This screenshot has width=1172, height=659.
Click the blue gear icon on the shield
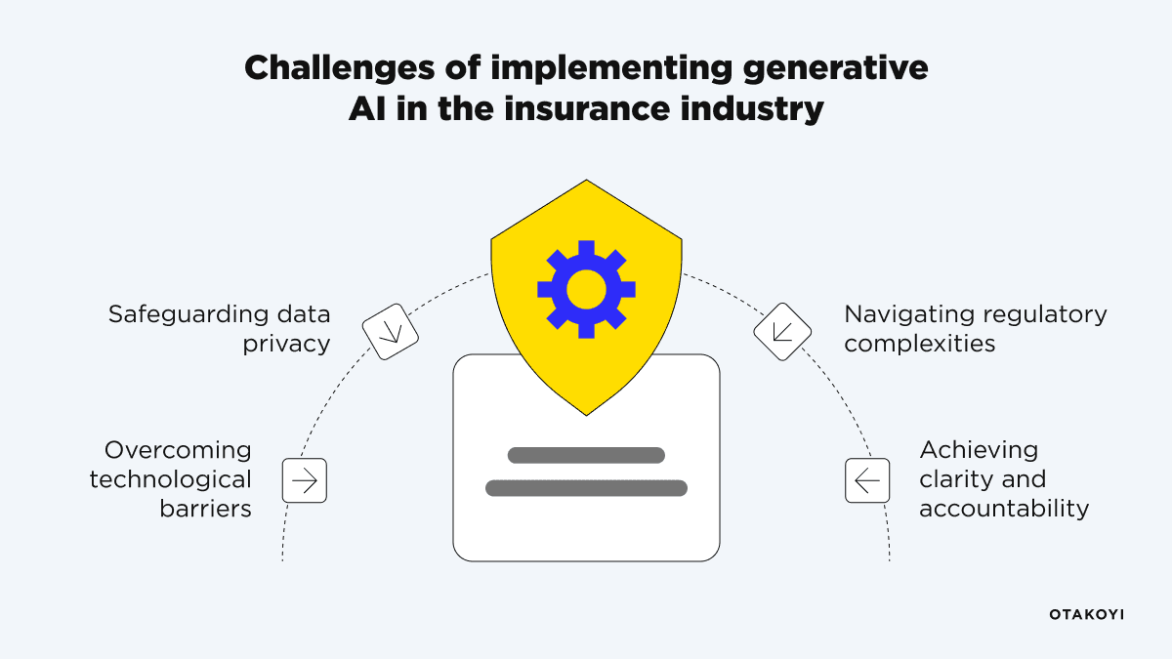pos(586,289)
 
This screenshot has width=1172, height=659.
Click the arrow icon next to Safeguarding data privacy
pos(391,331)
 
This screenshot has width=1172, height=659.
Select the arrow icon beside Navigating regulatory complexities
pos(782,331)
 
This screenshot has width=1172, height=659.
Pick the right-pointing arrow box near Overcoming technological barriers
pos(305,480)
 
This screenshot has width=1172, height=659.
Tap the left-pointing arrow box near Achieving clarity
pos(867,480)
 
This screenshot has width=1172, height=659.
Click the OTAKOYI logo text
pos(1086,614)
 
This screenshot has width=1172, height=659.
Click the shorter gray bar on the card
pos(586,455)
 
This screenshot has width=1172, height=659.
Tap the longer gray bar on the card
pos(586,487)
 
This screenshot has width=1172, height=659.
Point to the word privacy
pos(286,345)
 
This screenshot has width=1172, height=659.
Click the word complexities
pos(919,345)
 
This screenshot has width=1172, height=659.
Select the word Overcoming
pos(178,450)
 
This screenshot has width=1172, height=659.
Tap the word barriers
pos(205,509)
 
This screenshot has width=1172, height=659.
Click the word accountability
pos(1003,509)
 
